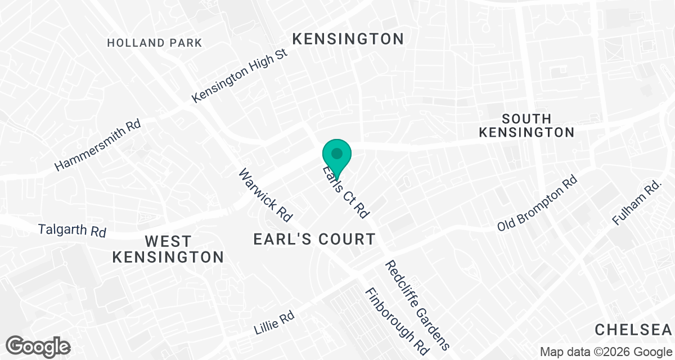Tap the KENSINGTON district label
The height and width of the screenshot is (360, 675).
tap(348, 39)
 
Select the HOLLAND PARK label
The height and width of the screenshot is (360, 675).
tap(154, 43)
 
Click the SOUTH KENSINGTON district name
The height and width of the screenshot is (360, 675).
tap(526, 125)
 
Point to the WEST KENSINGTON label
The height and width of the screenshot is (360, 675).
tap(168, 249)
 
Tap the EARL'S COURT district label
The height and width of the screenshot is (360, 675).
tap(314, 239)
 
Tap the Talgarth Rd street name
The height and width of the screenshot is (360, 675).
tap(72, 231)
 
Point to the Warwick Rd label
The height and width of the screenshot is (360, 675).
tap(266, 195)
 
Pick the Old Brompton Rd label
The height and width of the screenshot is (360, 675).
tap(537, 204)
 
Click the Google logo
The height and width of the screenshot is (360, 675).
tap(39, 346)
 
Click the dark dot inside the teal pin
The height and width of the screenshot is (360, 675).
tap(337, 153)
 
